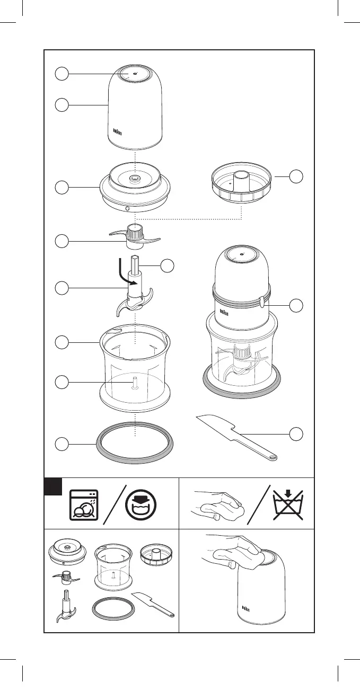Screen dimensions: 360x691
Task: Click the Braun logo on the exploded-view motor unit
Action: pyautogui.click(x=119, y=131)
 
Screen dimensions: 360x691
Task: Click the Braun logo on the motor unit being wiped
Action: pyautogui.click(x=245, y=608)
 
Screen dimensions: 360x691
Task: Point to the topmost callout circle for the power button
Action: pyautogui.click(x=62, y=74)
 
